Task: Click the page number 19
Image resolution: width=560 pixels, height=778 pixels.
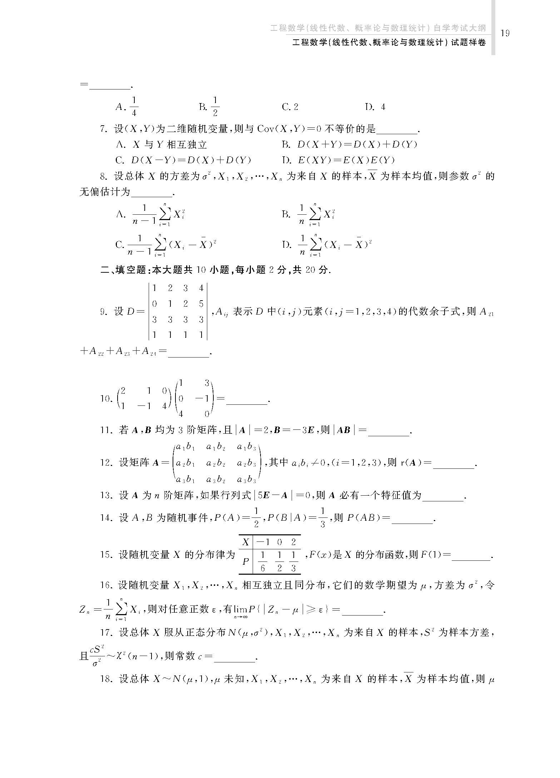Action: tap(505, 33)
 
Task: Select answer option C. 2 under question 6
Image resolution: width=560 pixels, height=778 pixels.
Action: tap(290, 107)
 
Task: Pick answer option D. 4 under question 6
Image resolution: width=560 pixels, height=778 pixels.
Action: tap(375, 107)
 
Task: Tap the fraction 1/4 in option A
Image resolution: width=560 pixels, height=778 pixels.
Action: tap(134, 106)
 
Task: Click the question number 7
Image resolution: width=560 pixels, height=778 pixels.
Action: tap(104, 129)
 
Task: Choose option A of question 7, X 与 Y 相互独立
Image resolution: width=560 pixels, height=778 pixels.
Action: tap(162, 144)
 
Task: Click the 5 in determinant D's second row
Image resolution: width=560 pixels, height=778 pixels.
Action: tap(201, 304)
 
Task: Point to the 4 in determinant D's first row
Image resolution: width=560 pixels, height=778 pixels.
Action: tap(201, 288)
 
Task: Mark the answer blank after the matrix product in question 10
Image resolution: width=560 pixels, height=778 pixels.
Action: tap(247, 403)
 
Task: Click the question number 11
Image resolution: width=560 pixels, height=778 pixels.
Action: tap(106, 430)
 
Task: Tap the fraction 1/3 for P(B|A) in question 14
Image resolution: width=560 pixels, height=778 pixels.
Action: tap(323, 517)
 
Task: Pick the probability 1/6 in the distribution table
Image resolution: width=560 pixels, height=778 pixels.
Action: tap(263, 561)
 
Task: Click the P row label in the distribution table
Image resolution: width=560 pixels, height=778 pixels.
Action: tap(246, 561)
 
